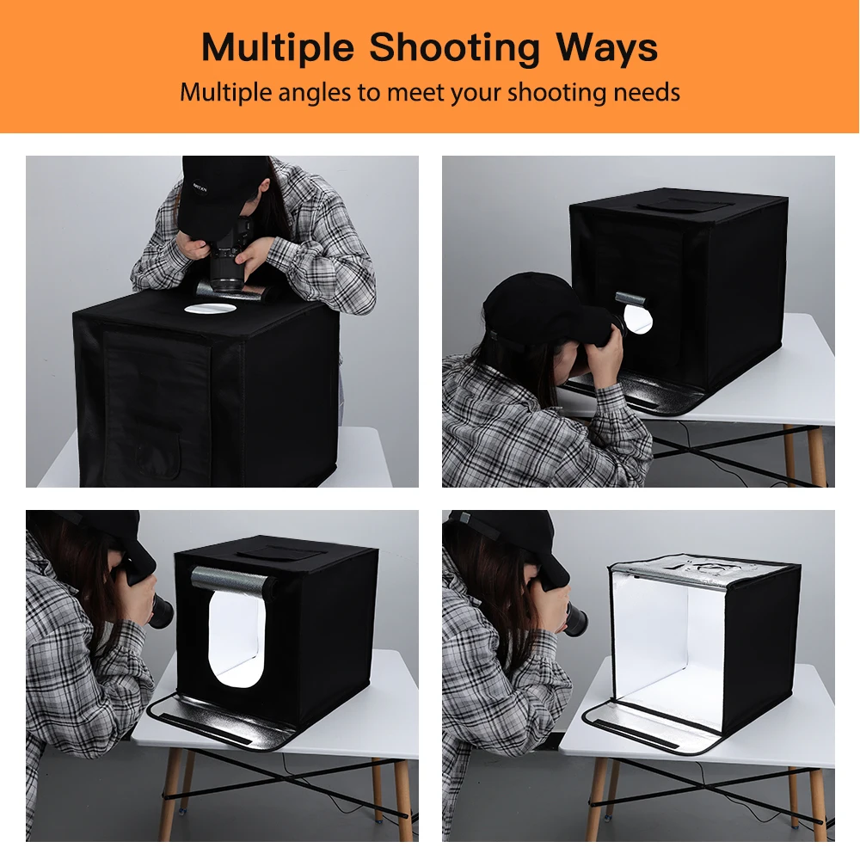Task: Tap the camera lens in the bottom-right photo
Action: pos(574,618)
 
